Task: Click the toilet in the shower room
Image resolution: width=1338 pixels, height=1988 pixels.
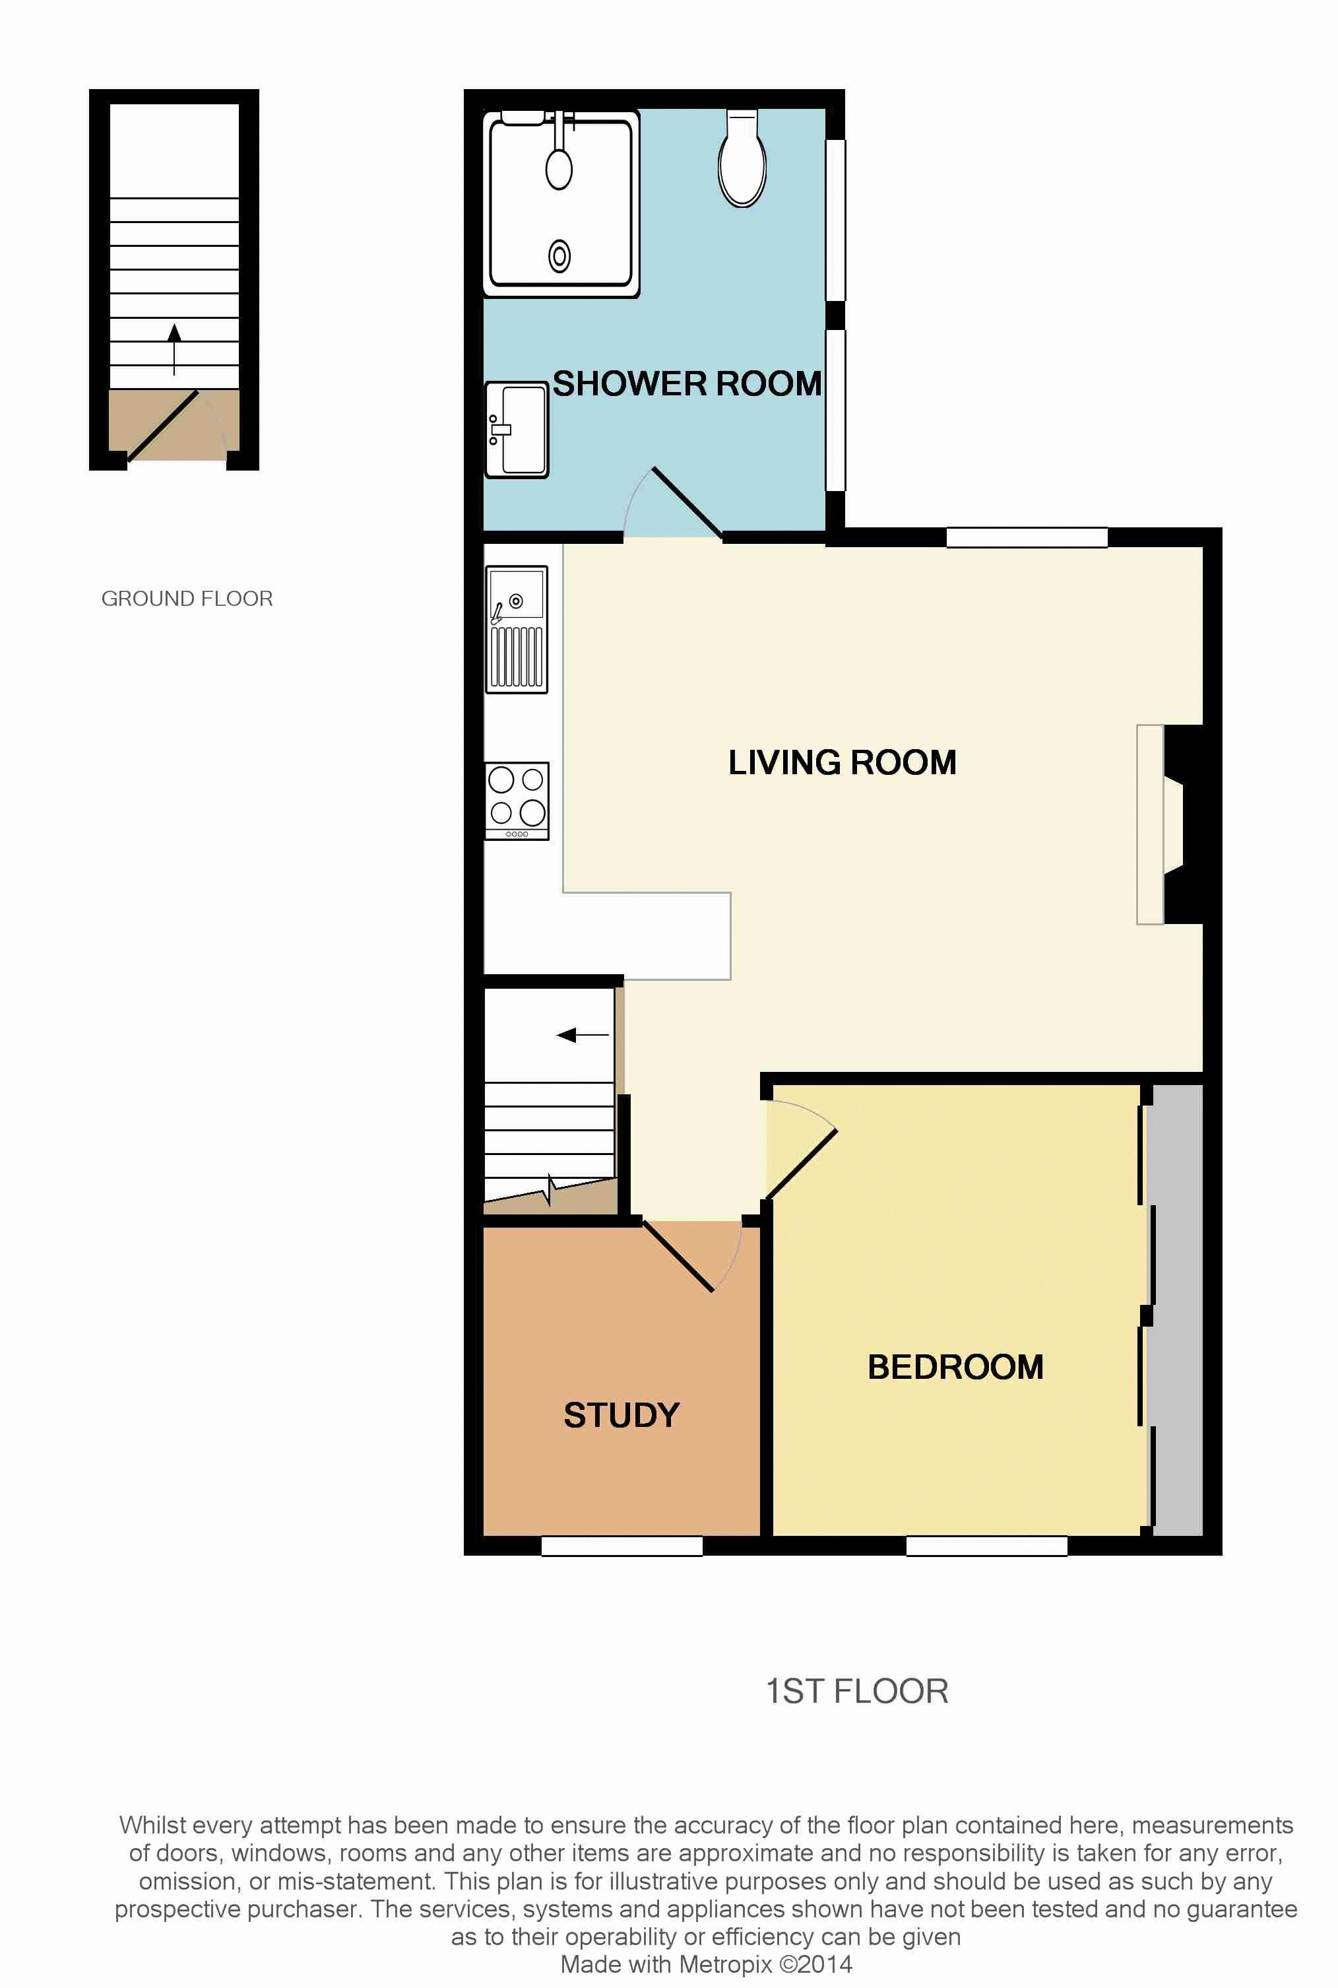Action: click(742, 160)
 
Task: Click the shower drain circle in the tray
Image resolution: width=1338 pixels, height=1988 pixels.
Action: click(559, 255)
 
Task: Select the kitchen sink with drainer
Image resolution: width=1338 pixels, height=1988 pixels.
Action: click(516, 628)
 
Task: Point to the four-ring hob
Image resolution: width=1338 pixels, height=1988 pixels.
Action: click(516, 801)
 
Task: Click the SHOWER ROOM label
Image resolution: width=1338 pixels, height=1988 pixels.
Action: click(687, 384)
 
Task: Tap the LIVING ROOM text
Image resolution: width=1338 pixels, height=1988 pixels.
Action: click(841, 762)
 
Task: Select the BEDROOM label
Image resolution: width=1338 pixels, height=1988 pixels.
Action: click(955, 1367)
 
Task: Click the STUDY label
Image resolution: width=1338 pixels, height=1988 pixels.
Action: click(621, 1415)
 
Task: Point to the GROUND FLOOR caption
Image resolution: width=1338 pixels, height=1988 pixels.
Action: click(187, 599)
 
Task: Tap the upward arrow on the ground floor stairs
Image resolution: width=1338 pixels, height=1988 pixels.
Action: click(174, 348)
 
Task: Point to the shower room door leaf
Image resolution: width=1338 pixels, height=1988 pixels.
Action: click(687, 504)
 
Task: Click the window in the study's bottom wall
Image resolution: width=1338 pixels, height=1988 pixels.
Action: click(621, 1545)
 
